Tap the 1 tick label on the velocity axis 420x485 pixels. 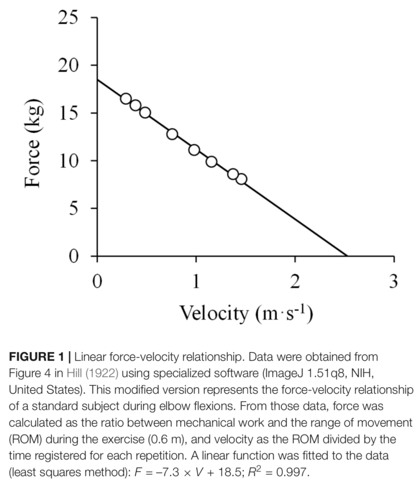tap(196, 281)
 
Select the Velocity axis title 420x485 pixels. tap(246, 313)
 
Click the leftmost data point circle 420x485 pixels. tap(126, 99)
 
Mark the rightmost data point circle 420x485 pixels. tap(241, 179)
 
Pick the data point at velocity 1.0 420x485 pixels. tap(194, 150)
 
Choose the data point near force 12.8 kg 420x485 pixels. tap(172, 134)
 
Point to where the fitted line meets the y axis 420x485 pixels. tap(97, 80)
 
